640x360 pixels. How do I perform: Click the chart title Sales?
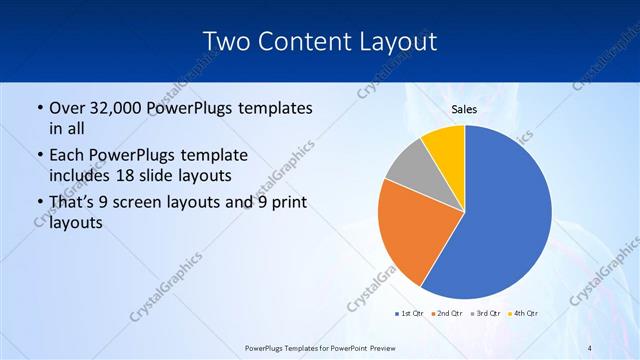click(x=465, y=108)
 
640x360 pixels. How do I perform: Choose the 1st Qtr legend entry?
click(x=409, y=314)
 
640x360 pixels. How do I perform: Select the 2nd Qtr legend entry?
click(x=446, y=314)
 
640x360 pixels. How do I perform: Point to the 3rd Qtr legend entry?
click(x=485, y=314)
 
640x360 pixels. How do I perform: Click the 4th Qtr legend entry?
click(x=523, y=314)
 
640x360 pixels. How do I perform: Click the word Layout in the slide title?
click(x=390, y=41)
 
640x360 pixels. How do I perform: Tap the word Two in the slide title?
click(x=226, y=41)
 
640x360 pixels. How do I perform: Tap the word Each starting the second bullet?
click(x=67, y=156)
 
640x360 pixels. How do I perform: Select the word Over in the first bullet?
click(x=68, y=108)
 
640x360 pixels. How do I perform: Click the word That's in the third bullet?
click(x=72, y=203)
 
